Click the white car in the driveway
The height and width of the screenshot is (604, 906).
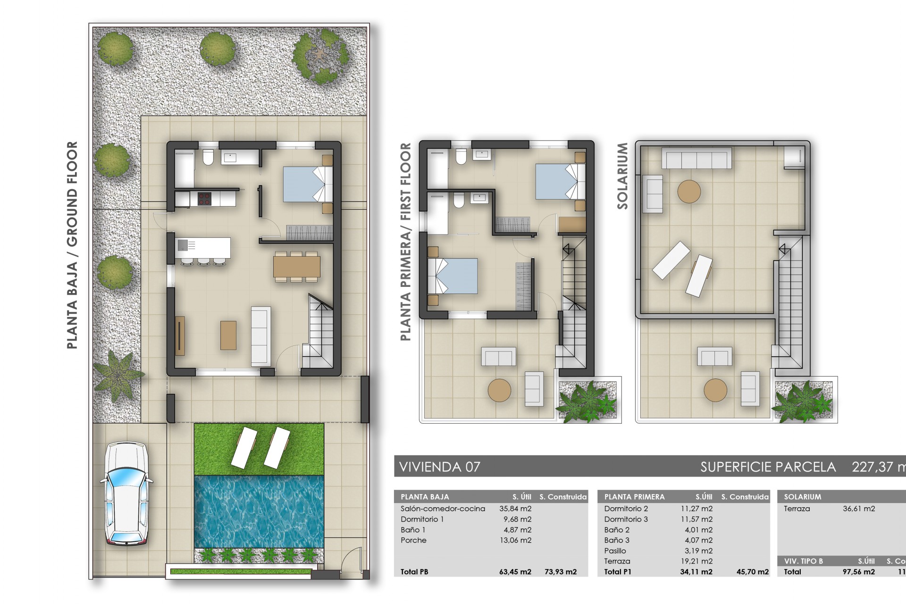(x=126, y=493)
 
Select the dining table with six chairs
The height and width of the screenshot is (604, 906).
(x=297, y=267)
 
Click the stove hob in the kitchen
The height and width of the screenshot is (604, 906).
(x=204, y=199)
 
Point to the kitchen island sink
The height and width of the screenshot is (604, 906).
(x=182, y=245)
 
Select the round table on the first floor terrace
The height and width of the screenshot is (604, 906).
(x=499, y=390)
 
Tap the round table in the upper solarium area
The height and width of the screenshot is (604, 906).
(x=689, y=192)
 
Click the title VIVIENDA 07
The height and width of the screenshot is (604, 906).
(x=440, y=467)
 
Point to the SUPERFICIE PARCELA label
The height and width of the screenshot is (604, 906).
(x=768, y=467)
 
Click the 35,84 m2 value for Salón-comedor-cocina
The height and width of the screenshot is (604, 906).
(x=515, y=509)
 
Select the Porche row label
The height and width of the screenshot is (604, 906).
(x=413, y=540)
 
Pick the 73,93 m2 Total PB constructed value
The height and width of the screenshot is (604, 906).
(x=561, y=572)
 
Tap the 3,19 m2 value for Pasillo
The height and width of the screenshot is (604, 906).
(x=698, y=551)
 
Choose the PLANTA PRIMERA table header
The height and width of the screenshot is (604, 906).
(x=634, y=497)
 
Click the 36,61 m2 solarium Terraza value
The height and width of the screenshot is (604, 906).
(x=859, y=509)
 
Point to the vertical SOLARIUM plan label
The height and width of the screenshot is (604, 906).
(x=622, y=176)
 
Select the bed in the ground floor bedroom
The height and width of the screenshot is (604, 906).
(x=307, y=185)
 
